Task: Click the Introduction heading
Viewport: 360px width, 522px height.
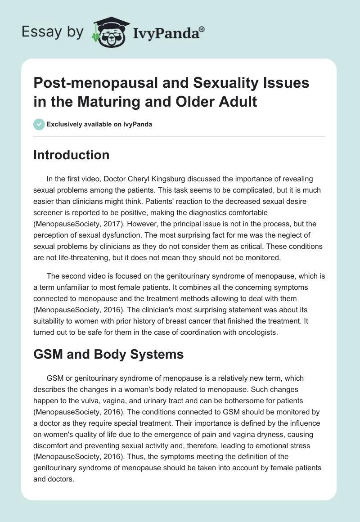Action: point(72,155)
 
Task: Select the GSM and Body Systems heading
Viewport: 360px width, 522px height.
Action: point(108,354)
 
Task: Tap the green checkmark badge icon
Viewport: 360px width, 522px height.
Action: point(39,124)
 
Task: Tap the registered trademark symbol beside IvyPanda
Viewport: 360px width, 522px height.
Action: point(202,29)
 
